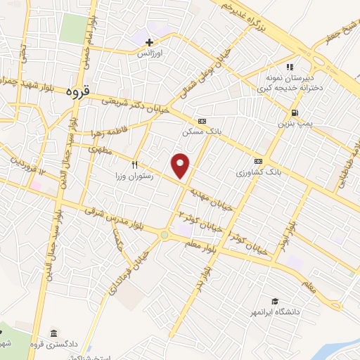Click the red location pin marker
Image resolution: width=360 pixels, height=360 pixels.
click(181, 165)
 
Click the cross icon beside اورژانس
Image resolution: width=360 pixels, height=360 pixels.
click(149, 43)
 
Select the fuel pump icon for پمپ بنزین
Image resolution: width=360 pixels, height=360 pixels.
click(294, 113)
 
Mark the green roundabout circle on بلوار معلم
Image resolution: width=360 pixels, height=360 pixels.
click(164, 235)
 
